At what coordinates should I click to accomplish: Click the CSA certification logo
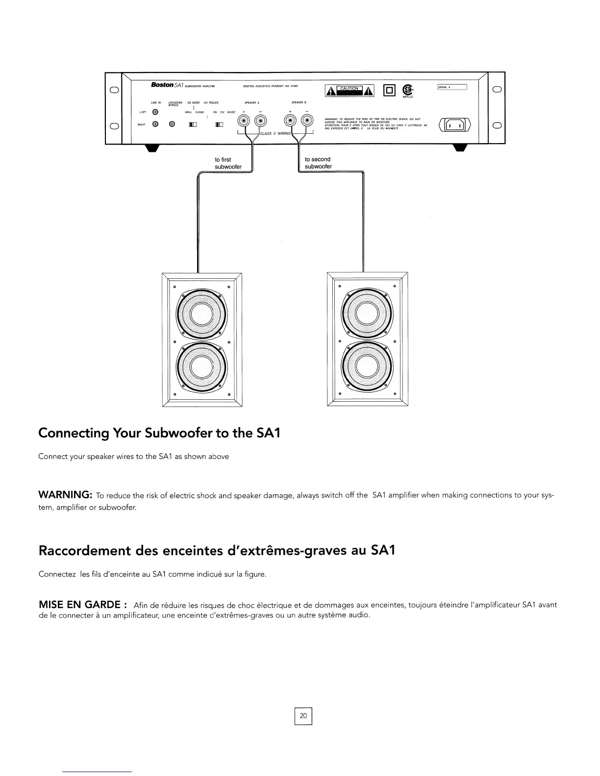coord(407,90)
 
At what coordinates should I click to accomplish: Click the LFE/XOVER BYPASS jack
coord(172,124)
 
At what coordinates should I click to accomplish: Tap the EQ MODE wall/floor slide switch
coord(193,125)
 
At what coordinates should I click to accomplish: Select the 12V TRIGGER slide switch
coord(219,125)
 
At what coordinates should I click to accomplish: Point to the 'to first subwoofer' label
coord(228,163)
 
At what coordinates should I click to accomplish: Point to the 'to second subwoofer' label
coord(318,163)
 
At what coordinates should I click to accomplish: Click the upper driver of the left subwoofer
coord(201,313)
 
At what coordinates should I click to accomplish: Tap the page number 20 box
coord(303,716)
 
